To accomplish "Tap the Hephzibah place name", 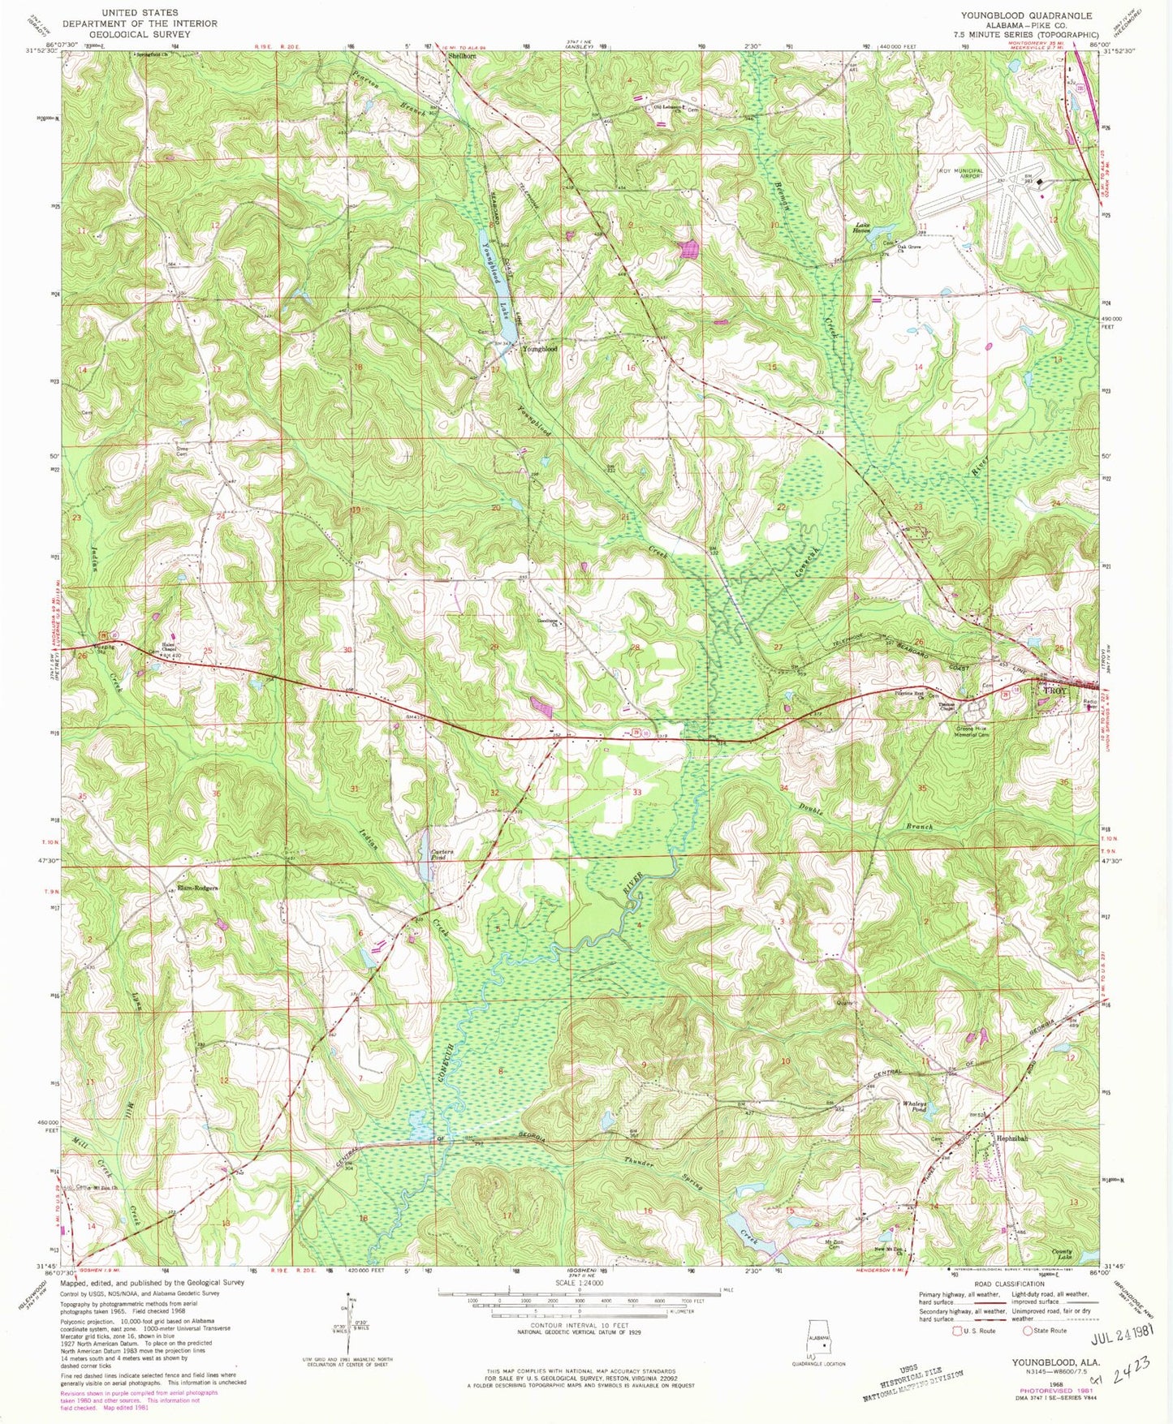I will click(x=1012, y=1138).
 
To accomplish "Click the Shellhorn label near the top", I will click(x=462, y=57).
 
